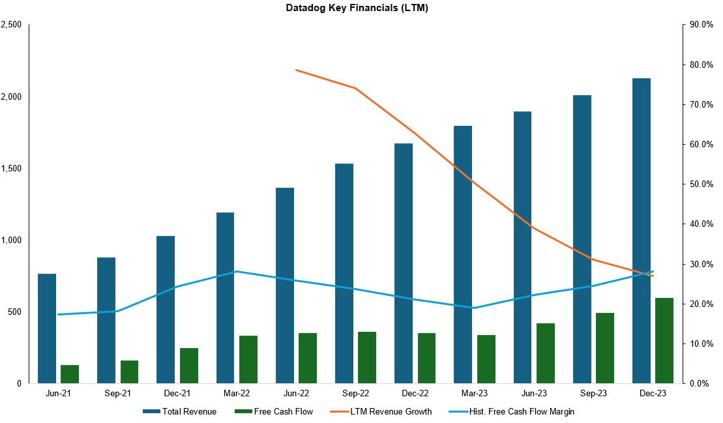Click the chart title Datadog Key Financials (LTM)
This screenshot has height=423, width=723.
357,8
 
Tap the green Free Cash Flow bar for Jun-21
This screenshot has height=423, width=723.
70,374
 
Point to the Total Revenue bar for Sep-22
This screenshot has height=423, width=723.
344,273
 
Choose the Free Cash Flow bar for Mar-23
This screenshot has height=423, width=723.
486,359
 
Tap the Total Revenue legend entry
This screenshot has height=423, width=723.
189,411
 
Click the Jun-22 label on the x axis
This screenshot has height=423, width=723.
296,394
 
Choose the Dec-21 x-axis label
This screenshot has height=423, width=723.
177,394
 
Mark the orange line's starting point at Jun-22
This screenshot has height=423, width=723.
296,70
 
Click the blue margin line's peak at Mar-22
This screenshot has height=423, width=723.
237,271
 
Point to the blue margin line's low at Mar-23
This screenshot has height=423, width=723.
475,308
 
